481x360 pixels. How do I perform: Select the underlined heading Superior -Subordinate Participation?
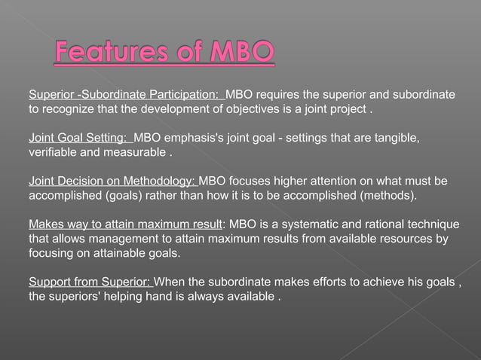coord(125,96)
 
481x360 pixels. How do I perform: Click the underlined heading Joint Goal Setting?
coord(78,139)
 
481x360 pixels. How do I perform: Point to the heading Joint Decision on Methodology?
coord(112,182)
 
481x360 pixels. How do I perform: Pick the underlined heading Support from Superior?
coord(90,282)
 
